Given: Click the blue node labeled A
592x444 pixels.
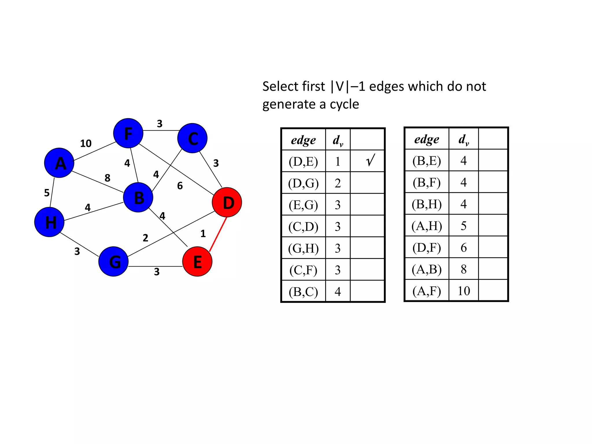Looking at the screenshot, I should (x=59, y=163).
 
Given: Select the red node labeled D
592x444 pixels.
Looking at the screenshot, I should (x=227, y=202).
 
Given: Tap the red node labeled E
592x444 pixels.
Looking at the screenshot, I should (x=197, y=262).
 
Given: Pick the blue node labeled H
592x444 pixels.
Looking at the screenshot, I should (x=49, y=222).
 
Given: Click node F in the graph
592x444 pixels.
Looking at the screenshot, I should (x=128, y=133).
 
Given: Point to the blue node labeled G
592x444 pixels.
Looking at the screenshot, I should (x=114, y=262).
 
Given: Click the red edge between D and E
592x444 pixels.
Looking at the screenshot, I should (x=218, y=234).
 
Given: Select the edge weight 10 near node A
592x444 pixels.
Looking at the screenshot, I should (x=86, y=143).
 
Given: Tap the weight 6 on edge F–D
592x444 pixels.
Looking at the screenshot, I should (x=180, y=186).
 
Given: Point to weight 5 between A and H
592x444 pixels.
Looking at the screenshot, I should (x=47, y=193).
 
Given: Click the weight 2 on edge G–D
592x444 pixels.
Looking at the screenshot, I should (x=145, y=238).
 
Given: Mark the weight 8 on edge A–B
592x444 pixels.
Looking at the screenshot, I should (x=108, y=178).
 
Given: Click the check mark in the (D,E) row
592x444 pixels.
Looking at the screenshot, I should (x=370, y=160).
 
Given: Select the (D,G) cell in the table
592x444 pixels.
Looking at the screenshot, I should (x=303, y=183).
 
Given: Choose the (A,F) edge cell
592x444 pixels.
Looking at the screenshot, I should (x=427, y=291).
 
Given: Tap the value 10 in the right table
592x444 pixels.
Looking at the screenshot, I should (x=464, y=291).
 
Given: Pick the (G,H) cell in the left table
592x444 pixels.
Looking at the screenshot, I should (x=303, y=248).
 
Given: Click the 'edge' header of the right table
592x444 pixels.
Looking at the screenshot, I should (x=427, y=139).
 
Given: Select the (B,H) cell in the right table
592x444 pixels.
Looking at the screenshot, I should (x=427, y=204).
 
